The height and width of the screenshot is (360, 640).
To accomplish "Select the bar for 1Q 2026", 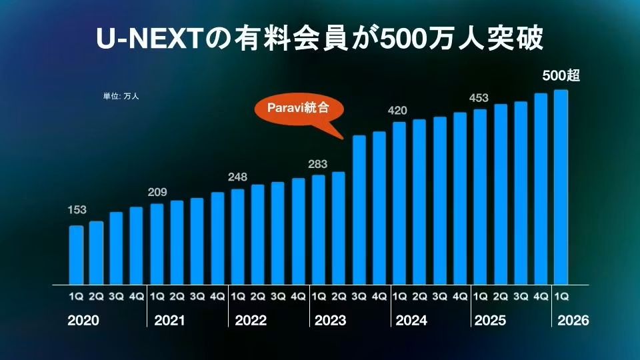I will tap(561, 187).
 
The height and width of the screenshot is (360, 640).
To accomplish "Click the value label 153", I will tap(77, 210).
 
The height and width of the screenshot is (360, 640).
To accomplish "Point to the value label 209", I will tap(157, 193).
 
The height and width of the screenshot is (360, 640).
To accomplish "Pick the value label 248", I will tap(237, 177).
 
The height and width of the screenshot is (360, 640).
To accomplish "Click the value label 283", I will tap(318, 163).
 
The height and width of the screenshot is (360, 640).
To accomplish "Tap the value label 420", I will tap(399, 110).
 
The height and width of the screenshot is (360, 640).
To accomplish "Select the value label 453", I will tap(479, 98).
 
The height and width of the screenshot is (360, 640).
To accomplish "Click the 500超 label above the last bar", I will tap(561, 76).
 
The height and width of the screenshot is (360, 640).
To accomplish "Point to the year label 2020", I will tap(83, 321).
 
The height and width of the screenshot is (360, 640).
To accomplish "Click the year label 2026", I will tap(573, 321).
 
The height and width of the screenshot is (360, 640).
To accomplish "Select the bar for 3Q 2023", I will tap(359, 209).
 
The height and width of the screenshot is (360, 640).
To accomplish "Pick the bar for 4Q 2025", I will tap(541, 189).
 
